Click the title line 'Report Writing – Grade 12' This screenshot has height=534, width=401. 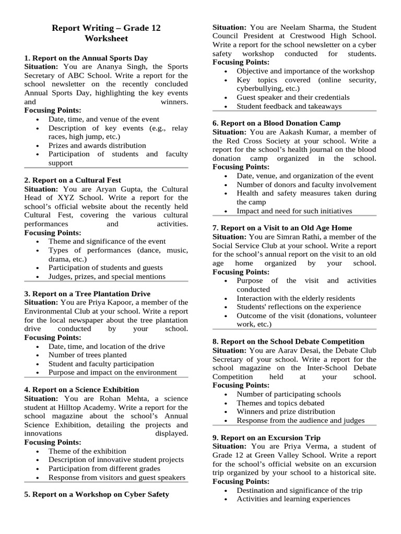(x=106, y=28)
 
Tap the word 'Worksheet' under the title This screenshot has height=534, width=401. (x=106, y=39)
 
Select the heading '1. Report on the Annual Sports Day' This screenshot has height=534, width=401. (x=86, y=58)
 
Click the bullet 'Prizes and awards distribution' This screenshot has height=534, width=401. (x=97, y=145)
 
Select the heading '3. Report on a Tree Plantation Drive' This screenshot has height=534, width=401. (x=87, y=294)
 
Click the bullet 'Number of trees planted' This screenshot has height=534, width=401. (x=87, y=355)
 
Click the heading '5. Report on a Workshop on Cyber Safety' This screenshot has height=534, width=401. (x=97, y=494)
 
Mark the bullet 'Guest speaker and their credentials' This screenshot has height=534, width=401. (x=293, y=98)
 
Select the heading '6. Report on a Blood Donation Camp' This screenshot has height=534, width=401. (x=276, y=123)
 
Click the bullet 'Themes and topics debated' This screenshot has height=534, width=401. (x=280, y=403)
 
